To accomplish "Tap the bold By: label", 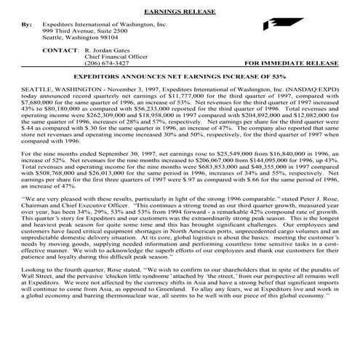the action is (27, 24).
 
